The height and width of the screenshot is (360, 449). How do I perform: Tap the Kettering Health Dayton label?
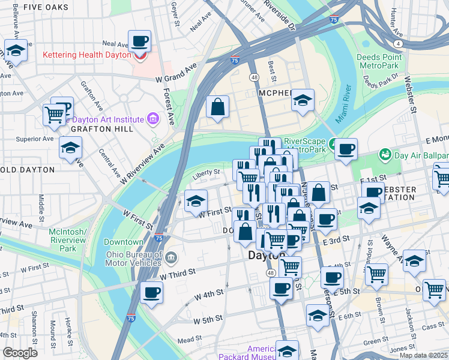(86, 55)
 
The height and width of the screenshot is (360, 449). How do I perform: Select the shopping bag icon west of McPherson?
(217, 107)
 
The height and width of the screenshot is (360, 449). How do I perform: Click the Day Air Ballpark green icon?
(385, 155)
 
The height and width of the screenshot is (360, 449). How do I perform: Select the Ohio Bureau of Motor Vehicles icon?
(172, 258)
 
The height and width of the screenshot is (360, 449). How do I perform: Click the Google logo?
(20, 353)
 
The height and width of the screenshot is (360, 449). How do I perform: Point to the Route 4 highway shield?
(398, 44)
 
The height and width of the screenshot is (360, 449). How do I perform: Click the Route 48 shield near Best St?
(255, 77)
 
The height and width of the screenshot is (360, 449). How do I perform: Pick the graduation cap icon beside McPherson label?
(303, 100)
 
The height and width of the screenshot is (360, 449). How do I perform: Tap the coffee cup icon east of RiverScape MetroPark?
(345, 149)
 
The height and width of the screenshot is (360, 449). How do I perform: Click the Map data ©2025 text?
(423, 355)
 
